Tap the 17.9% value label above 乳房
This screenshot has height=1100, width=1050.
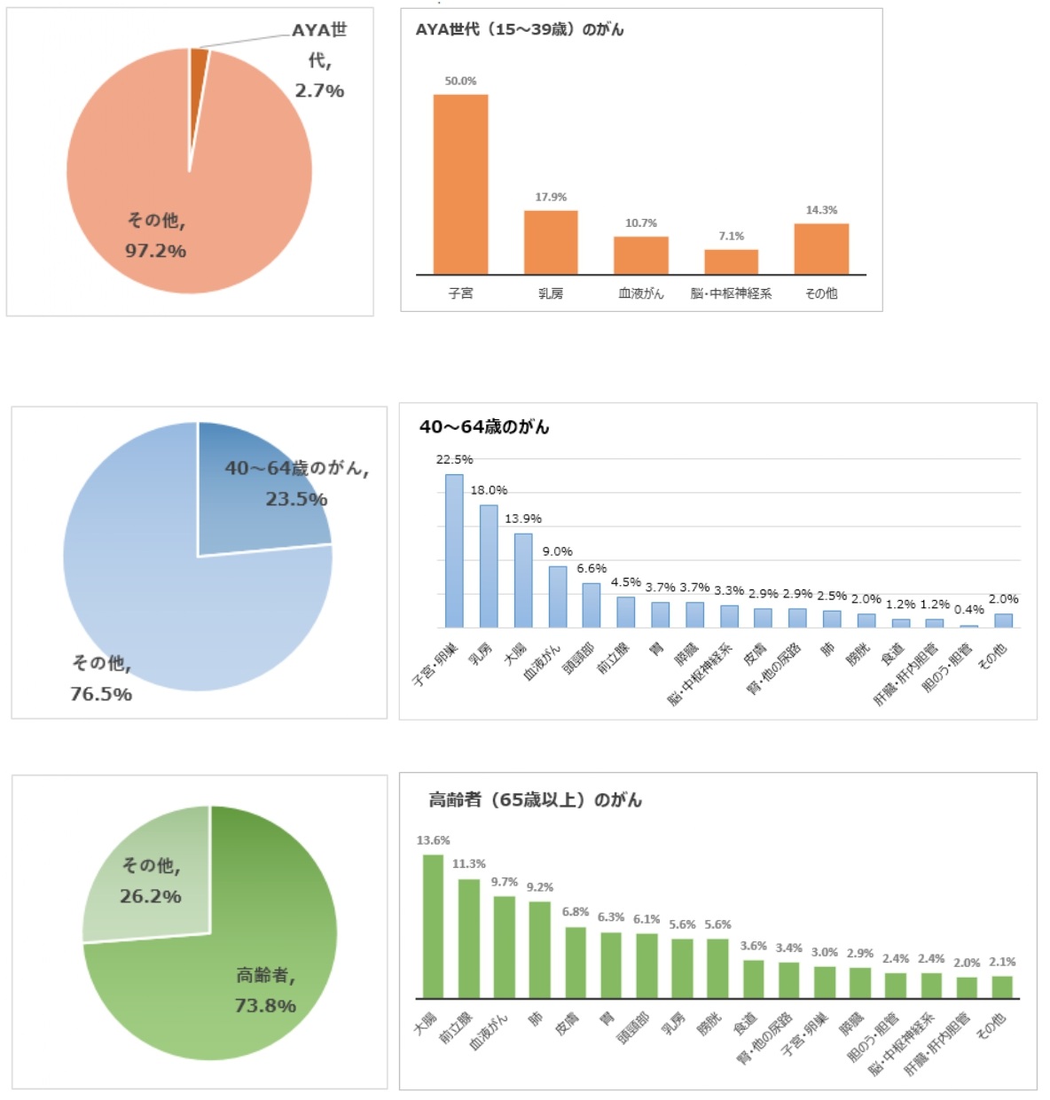click(x=551, y=197)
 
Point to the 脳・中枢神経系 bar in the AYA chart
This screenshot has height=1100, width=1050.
click(x=731, y=262)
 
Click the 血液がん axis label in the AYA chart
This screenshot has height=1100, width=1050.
click(x=640, y=293)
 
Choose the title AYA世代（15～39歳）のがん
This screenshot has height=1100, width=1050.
click(x=520, y=30)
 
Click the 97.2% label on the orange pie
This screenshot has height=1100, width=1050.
click(x=155, y=251)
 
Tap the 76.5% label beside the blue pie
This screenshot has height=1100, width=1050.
click(x=101, y=694)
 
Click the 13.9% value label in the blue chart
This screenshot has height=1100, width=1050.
click(x=523, y=519)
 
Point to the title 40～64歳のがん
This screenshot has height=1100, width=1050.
click(x=484, y=427)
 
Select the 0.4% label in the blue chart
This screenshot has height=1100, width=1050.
click(x=968, y=610)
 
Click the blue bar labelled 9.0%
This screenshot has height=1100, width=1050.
click(x=557, y=597)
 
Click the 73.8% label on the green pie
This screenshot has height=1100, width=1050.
click(x=265, y=1005)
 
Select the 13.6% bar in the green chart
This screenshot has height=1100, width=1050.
click(x=433, y=926)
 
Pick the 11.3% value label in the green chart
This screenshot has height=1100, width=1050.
click(x=469, y=863)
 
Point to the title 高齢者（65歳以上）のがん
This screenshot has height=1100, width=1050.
click(x=535, y=800)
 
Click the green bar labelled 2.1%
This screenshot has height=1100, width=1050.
click(x=1002, y=987)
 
